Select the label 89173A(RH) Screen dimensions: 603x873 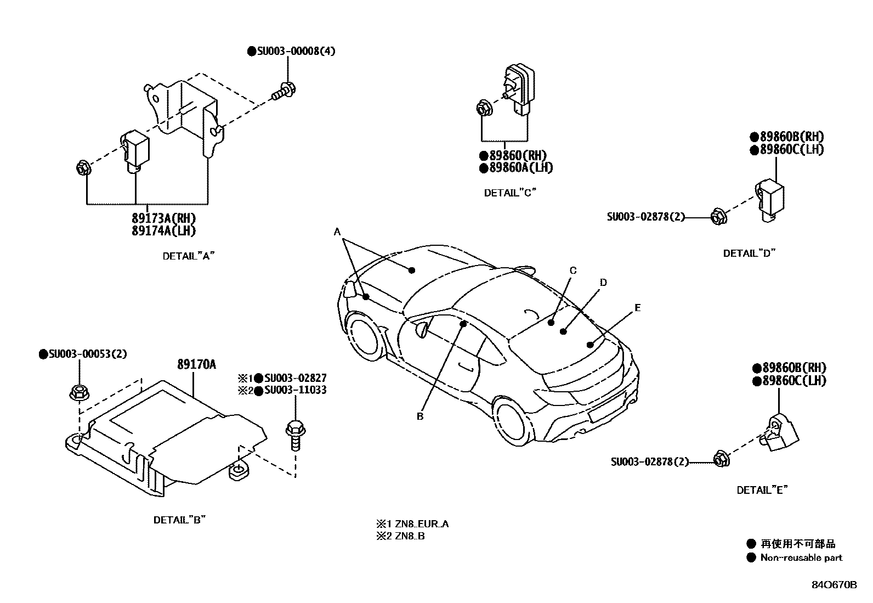[x=163, y=218]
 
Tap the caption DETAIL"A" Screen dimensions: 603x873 [x=188, y=256]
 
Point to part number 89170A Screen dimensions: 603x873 [x=196, y=364]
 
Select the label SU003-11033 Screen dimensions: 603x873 [x=295, y=390]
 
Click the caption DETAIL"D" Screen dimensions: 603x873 [x=750, y=253]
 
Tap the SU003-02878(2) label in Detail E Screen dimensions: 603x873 [x=649, y=462]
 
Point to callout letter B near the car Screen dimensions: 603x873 [x=420, y=416]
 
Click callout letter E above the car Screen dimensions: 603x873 [x=637, y=308]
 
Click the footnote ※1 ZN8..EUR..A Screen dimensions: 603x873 [x=412, y=524]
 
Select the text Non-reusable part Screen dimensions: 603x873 [x=801, y=558]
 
